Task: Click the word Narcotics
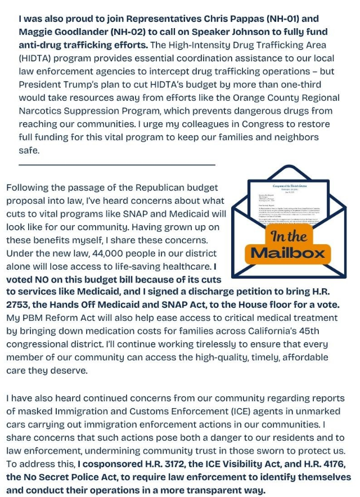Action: point(44,111)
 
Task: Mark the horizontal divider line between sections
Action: point(117,164)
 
